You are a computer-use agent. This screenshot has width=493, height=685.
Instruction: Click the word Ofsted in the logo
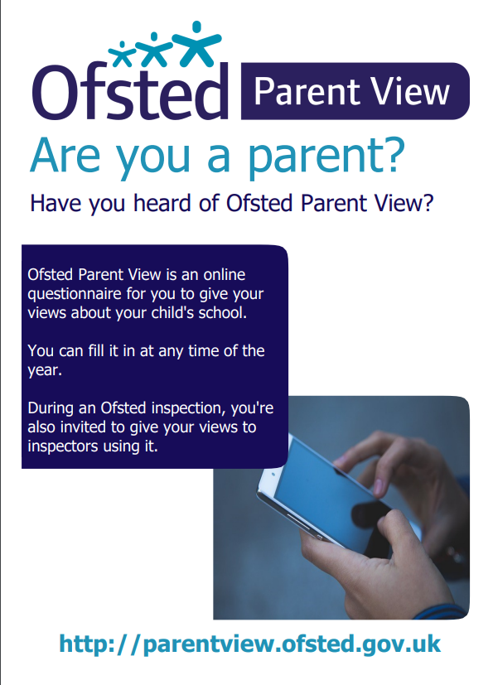tap(130, 92)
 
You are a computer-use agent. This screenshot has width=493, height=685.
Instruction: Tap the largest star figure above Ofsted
tap(196, 43)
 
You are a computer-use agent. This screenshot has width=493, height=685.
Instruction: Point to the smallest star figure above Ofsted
tap(122, 54)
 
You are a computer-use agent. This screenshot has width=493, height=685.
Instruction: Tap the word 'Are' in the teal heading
tap(65, 155)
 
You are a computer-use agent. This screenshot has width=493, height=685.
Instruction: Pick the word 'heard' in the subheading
tap(162, 203)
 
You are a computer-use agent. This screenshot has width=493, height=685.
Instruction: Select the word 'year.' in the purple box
tap(45, 371)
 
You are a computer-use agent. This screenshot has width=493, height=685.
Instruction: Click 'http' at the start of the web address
tap(87, 644)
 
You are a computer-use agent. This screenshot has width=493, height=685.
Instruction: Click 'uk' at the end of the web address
tap(427, 644)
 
